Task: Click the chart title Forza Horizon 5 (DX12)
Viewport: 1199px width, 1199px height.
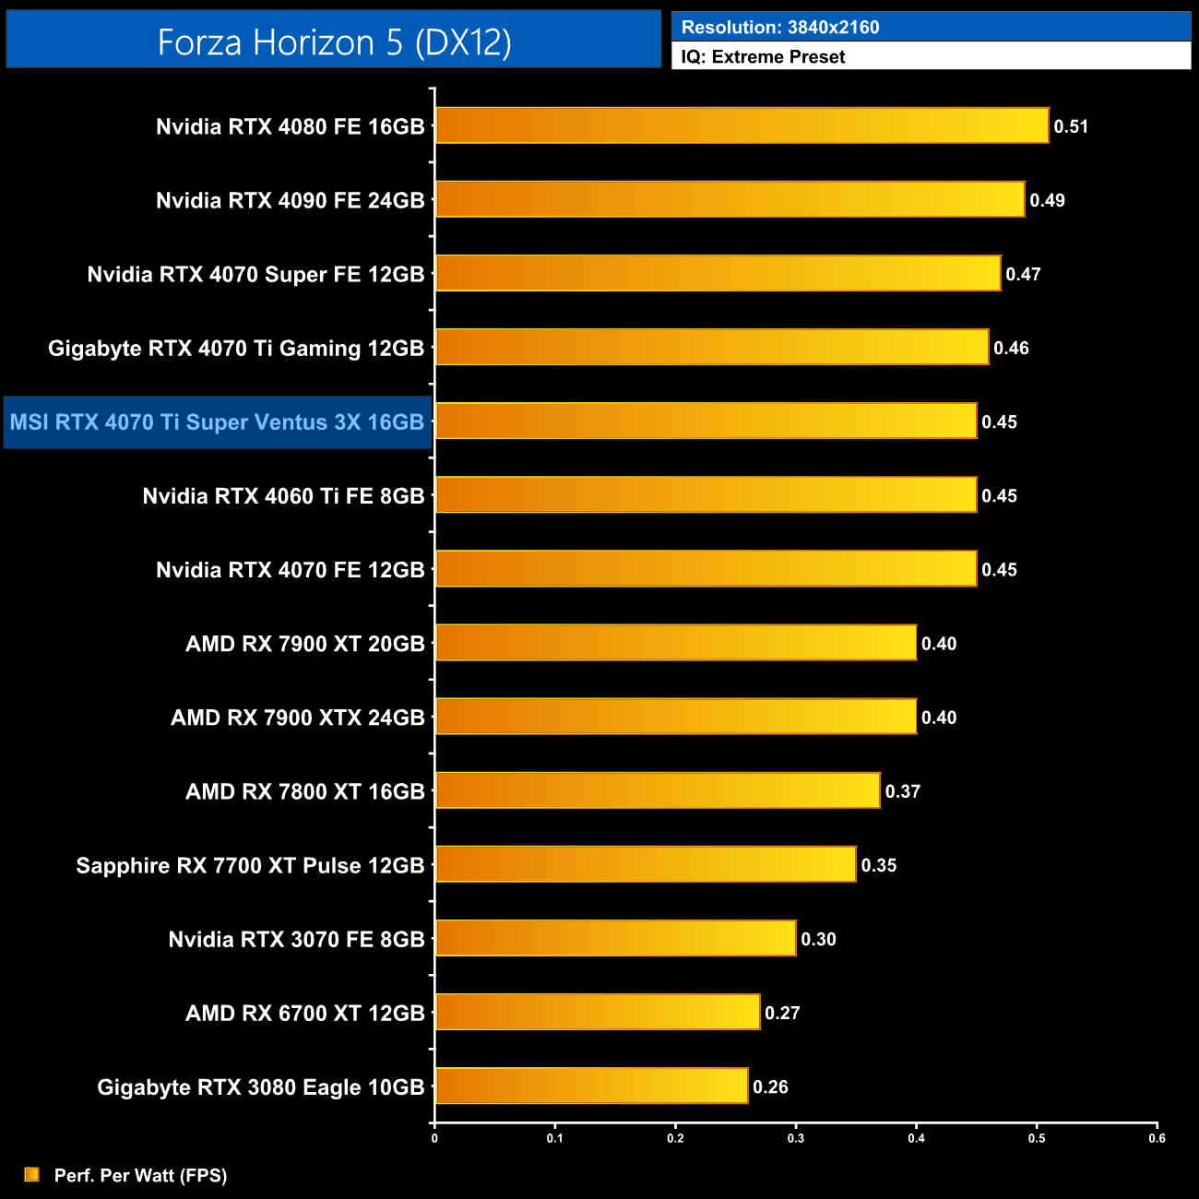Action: coord(334,42)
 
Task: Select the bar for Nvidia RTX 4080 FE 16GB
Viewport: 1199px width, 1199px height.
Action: coord(742,125)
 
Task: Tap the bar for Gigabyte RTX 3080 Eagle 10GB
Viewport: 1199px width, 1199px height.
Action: coord(591,1086)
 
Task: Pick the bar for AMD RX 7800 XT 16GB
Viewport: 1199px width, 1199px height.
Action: coord(658,790)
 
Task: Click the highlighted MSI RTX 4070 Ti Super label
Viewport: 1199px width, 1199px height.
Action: coord(217,422)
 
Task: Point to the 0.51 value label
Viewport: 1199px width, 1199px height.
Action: coord(1071,126)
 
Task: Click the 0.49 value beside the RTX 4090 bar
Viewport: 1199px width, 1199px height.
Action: coord(1047,200)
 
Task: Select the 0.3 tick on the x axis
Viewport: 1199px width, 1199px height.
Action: coord(796,1138)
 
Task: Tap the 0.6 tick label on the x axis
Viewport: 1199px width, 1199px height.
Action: coord(1157,1138)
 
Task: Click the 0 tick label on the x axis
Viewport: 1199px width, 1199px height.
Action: coord(434,1138)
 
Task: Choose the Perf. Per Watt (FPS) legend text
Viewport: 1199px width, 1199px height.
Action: coord(140,1175)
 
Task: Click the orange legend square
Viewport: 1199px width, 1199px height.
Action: coord(32,1174)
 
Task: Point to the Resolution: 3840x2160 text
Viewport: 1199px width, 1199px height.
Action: coord(780,28)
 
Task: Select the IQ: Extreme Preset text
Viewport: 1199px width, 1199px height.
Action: coord(763,57)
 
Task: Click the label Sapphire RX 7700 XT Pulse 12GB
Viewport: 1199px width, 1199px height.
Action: coord(250,865)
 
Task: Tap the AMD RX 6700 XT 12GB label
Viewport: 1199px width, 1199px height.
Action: coord(304,1013)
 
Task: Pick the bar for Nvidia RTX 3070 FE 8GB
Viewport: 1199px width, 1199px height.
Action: coord(615,938)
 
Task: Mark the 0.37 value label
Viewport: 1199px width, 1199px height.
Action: coord(902,791)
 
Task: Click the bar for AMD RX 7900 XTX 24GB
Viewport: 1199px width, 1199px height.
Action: coord(676,717)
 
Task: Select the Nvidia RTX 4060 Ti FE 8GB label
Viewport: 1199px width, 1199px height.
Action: coord(283,496)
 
